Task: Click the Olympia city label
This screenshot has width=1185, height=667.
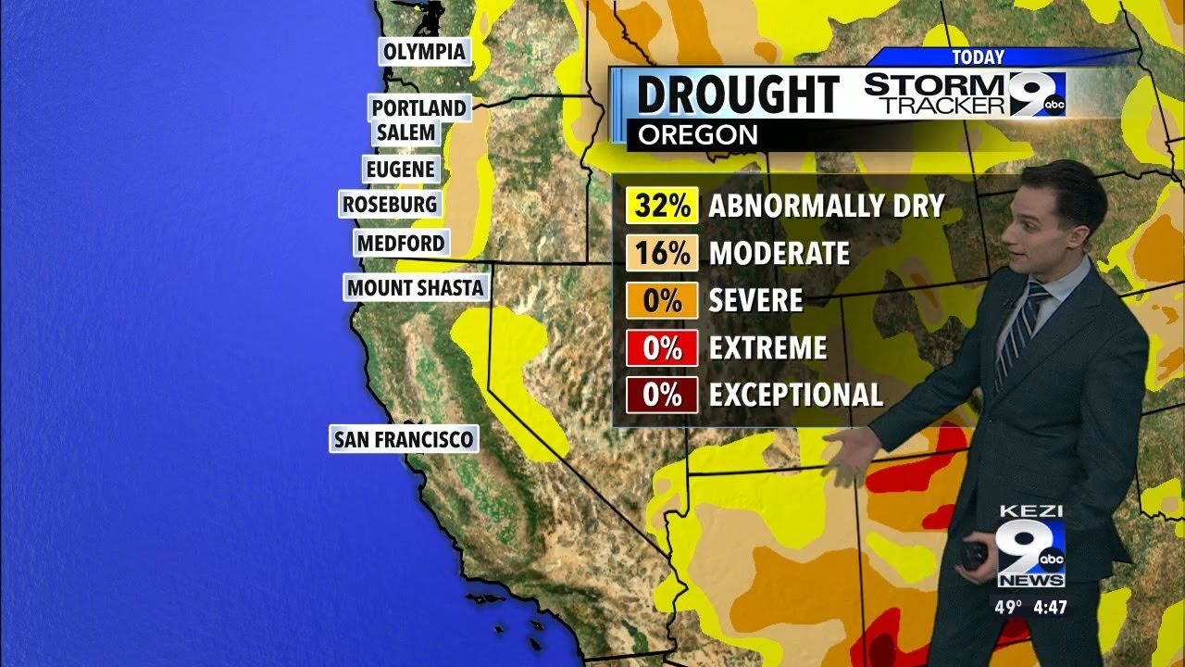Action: (425, 52)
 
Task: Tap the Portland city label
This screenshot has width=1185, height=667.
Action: (418, 108)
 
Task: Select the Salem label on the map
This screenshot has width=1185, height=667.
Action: (405, 132)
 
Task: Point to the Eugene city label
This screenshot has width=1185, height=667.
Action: (400, 170)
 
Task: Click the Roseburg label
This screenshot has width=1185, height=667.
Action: (390, 204)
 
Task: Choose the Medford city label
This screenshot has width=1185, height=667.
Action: (401, 244)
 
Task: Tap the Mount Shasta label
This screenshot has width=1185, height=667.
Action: (415, 288)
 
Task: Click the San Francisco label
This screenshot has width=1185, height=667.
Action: (404, 439)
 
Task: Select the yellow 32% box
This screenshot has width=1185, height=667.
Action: (662, 206)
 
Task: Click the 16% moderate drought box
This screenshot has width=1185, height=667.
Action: (662, 253)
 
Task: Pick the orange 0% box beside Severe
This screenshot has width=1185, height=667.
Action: (662, 301)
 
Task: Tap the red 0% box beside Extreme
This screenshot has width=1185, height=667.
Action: (662, 348)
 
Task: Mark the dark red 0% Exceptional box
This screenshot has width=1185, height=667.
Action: (662, 396)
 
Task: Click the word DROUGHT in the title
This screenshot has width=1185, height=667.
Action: (738, 95)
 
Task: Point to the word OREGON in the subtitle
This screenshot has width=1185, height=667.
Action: (698, 135)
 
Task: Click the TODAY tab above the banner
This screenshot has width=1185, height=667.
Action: (978, 57)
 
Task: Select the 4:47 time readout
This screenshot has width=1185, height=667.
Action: (1050, 609)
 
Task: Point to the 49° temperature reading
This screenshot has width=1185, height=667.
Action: (1008, 609)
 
